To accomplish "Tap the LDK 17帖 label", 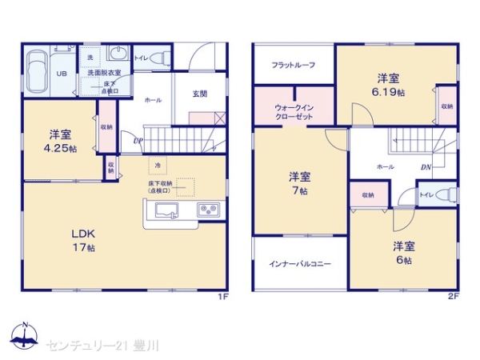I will (84, 240).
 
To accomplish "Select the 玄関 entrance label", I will (200, 94).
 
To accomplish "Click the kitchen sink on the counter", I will (167, 212).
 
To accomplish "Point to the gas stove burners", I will (209, 212).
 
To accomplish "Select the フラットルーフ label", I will (291, 63).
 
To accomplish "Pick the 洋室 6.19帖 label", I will (388, 85).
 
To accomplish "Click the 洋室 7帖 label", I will (300, 183).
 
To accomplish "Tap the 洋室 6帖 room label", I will (402, 252).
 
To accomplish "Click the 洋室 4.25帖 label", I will (60, 141).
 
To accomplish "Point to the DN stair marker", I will (426, 166).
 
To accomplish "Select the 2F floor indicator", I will (452, 296).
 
